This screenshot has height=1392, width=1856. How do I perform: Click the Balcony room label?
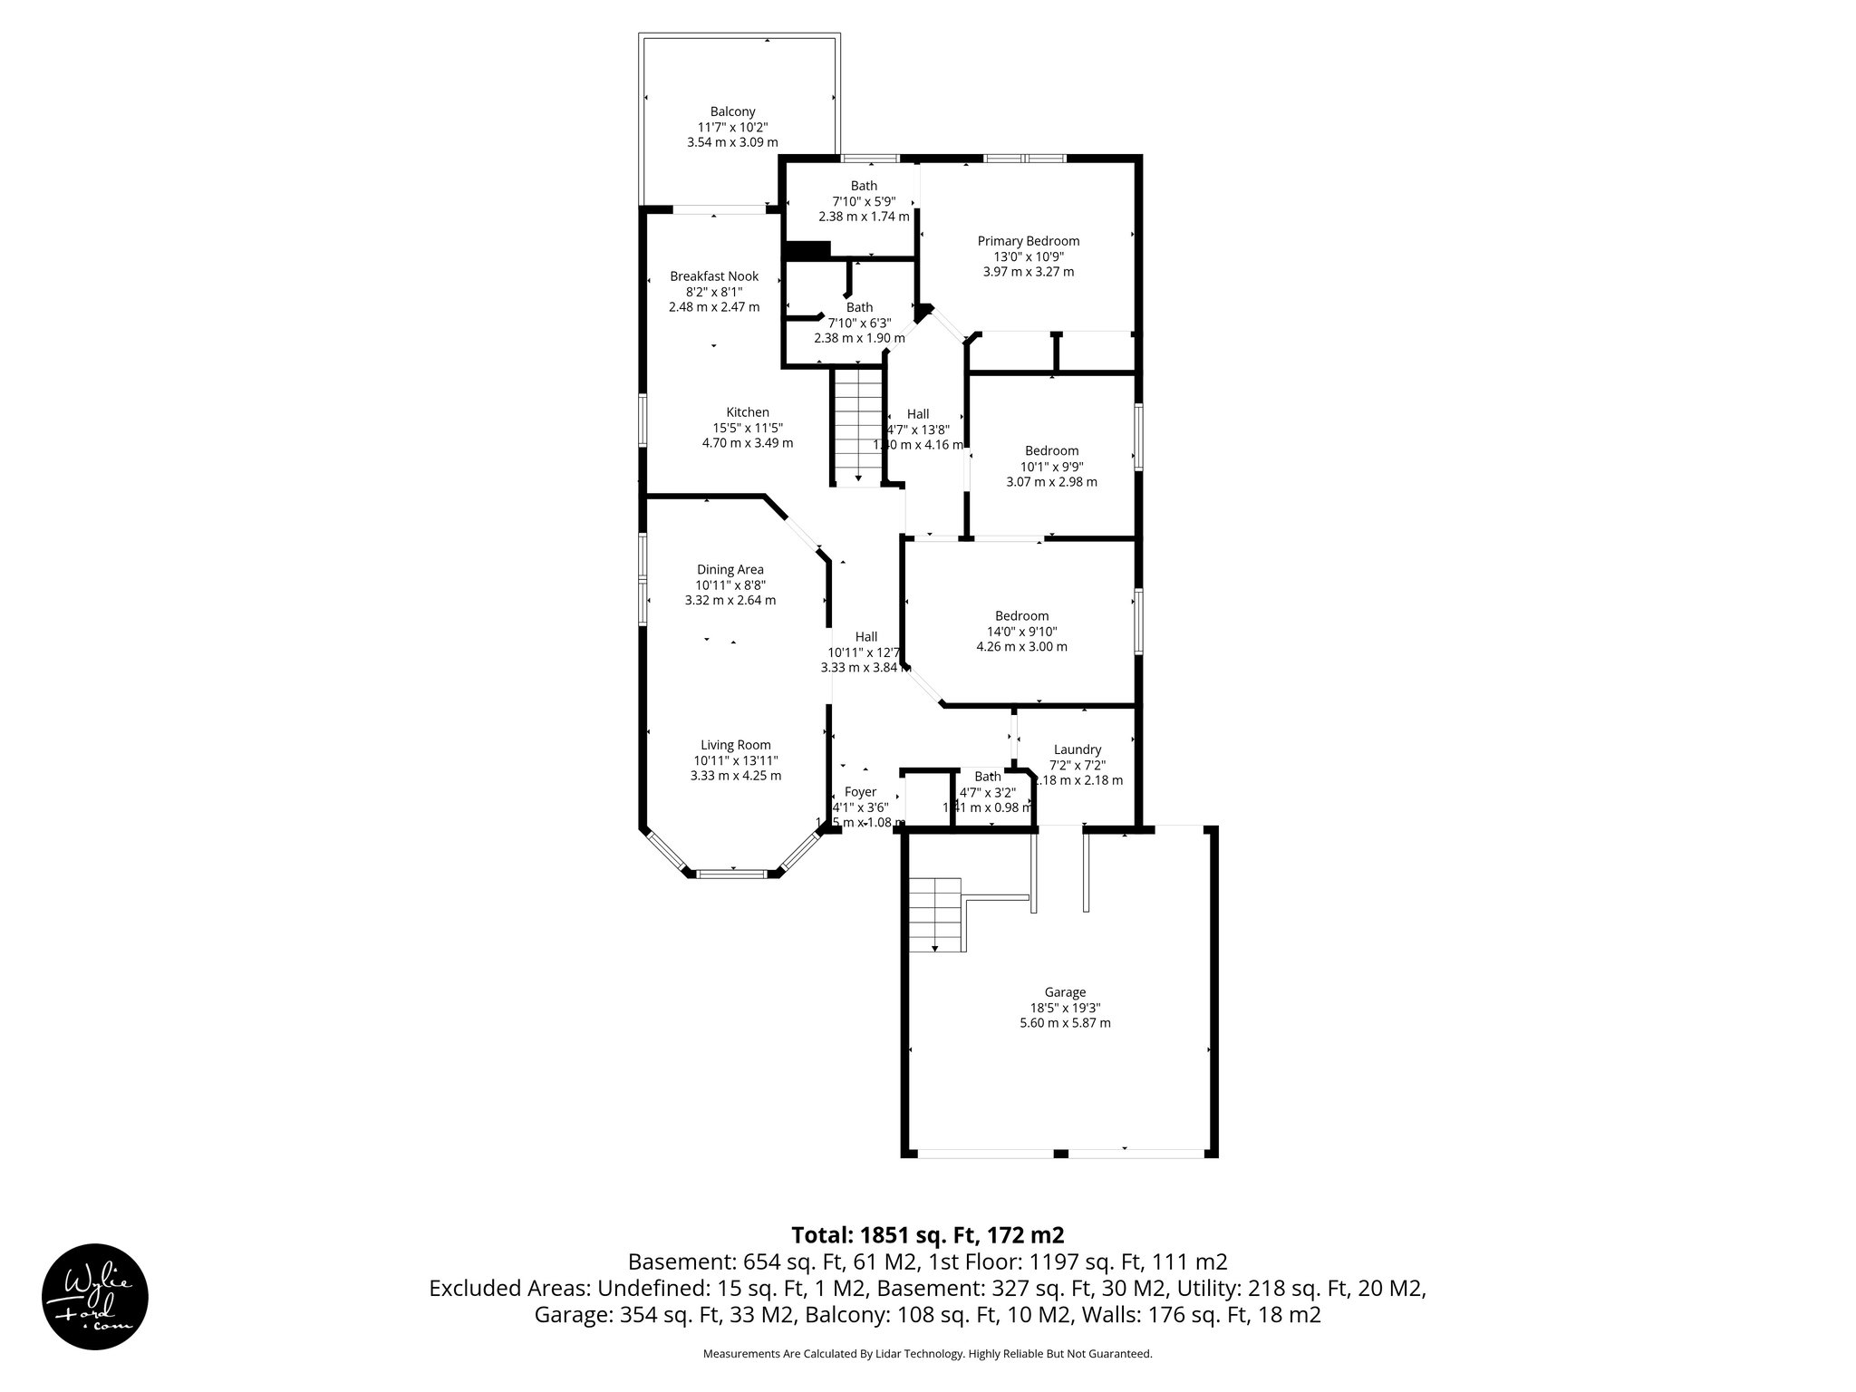[732, 112]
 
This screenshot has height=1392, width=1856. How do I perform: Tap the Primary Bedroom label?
[1028, 241]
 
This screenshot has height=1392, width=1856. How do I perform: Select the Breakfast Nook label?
[714, 276]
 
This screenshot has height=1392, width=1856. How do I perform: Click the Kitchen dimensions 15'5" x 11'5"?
[747, 428]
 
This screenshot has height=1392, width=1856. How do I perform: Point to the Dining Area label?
[730, 570]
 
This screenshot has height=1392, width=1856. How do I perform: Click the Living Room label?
[735, 745]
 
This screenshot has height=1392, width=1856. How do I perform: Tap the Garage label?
[1064, 992]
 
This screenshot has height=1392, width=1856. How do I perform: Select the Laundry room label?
[1077, 749]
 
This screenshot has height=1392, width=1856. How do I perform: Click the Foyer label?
[859, 792]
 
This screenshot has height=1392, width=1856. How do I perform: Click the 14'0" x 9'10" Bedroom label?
[1021, 616]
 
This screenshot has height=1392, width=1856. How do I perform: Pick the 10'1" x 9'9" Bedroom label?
[1051, 451]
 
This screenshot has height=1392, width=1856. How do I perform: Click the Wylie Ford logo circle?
[95, 1295]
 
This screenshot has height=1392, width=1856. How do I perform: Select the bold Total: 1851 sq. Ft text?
[927, 1235]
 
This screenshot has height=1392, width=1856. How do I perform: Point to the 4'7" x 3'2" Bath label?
[987, 777]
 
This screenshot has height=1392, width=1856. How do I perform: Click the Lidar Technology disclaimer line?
[927, 1354]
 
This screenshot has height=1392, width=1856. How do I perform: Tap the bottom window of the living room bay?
[730, 874]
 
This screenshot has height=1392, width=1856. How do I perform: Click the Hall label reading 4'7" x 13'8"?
[917, 414]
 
